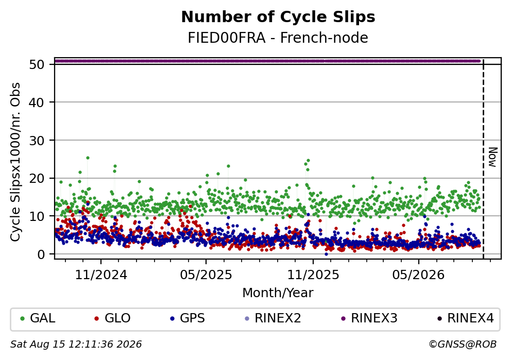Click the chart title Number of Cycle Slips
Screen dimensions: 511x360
tap(278, 17)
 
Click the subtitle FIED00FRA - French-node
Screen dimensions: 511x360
tap(278, 38)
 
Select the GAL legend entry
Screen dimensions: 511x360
tap(38, 318)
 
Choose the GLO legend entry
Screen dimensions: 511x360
tap(112, 318)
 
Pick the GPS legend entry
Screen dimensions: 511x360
tap(188, 318)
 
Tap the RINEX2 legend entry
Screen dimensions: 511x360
tap(273, 318)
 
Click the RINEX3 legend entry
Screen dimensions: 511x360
tap(369, 318)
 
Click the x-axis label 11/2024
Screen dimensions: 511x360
tap(101, 275)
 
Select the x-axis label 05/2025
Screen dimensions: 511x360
tap(206, 275)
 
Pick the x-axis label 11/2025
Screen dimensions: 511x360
tap(313, 275)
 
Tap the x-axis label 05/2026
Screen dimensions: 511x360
tap(418, 275)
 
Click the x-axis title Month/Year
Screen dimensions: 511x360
tap(278, 293)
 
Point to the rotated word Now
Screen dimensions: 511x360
tap(493, 158)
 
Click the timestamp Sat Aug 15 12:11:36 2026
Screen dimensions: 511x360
tap(76, 345)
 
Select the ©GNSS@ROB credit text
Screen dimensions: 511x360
tap(463, 345)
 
